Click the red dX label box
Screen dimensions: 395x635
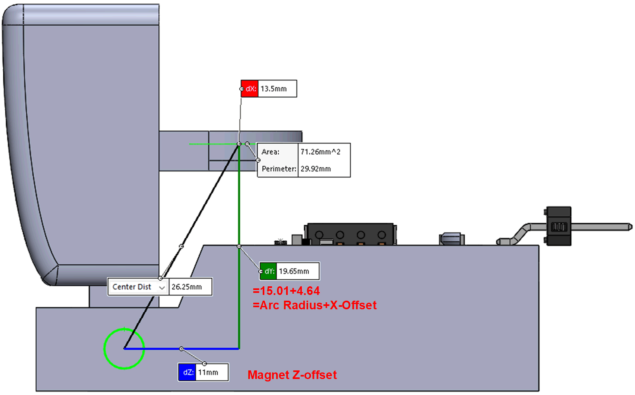[x=250, y=89]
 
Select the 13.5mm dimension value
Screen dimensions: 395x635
[x=274, y=89]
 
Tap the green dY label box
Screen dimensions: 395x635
[x=268, y=271]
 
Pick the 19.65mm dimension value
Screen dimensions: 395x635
[x=294, y=271]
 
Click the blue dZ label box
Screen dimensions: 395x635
[x=187, y=372]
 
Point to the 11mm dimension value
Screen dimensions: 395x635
[x=208, y=372]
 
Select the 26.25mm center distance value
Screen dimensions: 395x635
[x=187, y=287]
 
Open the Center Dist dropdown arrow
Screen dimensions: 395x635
[x=162, y=287]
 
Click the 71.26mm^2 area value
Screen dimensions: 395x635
[x=320, y=152]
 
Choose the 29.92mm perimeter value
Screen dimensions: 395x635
[x=316, y=169]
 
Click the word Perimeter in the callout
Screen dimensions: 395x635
[x=278, y=169]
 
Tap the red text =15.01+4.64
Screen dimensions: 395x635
[x=286, y=291]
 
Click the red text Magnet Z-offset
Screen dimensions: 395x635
[x=292, y=374]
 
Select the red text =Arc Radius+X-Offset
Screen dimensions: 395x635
[x=314, y=305]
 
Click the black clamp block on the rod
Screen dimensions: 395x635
[x=558, y=226]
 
